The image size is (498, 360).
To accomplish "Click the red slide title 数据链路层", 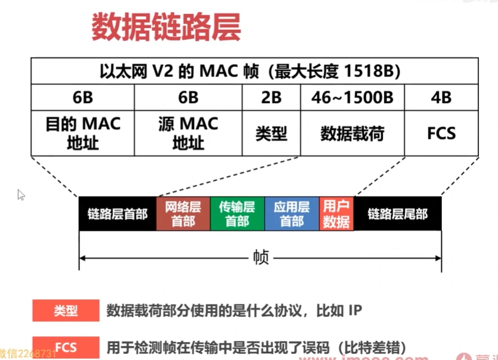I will [x=166, y=26].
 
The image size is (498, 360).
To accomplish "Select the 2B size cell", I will [x=271, y=97].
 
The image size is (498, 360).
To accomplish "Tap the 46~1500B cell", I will [x=352, y=97].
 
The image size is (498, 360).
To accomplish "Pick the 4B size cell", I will [x=441, y=97].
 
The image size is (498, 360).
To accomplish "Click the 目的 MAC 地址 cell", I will [x=83, y=133].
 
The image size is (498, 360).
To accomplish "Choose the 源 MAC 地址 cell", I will [x=188, y=133].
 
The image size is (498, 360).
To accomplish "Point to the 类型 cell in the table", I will [x=271, y=133].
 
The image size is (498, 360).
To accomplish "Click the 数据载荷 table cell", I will [x=352, y=134].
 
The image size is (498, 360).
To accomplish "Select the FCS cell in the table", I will [x=441, y=134].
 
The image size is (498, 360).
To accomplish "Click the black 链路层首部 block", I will [x=117, y=214].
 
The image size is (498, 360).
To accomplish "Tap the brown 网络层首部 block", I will [x=183, y=214].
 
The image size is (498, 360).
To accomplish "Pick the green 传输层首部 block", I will [x=237, y=214].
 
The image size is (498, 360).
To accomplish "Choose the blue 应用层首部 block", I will [x=291, y=214].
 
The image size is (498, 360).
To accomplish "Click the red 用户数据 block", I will [x=336, y=214].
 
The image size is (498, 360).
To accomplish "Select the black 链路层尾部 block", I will [x=397, y=214].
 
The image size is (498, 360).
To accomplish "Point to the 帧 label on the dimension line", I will [x=260, y=258].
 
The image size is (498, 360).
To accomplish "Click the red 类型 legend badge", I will [x=66, y=310].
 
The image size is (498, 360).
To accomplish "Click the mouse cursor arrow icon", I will [x=21, y=195].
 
